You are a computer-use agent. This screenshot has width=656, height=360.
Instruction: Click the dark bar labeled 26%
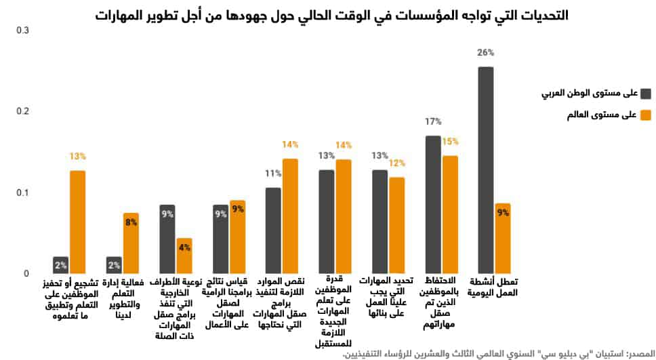(x=485, y=169)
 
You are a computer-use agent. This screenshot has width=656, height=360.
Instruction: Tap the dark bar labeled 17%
(x=433, y=204)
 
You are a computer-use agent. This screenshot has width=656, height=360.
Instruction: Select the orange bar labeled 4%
(x=184, y=256)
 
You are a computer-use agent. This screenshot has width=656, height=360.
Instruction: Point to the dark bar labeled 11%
(x=273, y=231)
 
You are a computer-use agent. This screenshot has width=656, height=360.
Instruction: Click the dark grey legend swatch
(x=644, y=93)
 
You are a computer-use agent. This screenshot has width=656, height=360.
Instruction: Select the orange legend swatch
(x=644, y=115)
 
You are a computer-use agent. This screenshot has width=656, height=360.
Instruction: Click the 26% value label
(x=486, y=52)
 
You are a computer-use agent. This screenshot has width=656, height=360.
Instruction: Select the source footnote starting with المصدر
(x=499, y=353)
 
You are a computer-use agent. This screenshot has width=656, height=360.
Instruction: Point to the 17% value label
(x=433, y=121)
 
